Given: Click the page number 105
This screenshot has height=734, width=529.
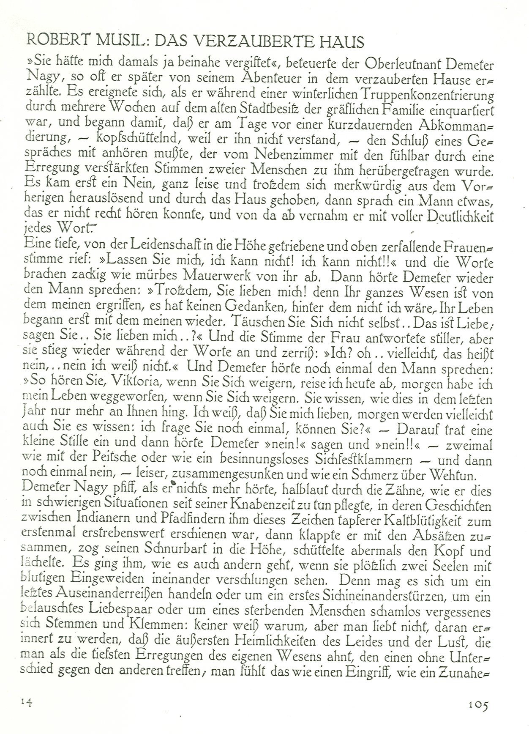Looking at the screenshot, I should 478,704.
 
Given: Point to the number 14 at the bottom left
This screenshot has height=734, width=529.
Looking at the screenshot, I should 27,702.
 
